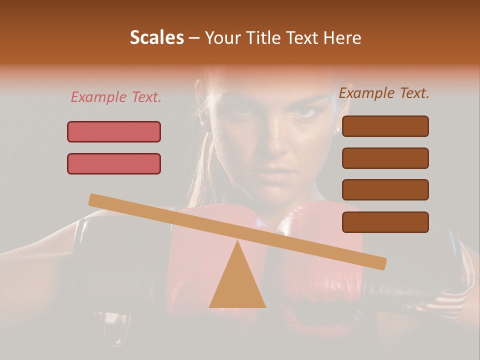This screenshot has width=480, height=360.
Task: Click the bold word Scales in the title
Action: click(156, 38)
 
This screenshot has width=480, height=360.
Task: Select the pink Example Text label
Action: click(116, 97)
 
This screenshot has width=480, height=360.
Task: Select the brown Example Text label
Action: click(384, 93)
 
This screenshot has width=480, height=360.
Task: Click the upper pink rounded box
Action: click(114, 131)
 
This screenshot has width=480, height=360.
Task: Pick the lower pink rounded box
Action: click(114, 163)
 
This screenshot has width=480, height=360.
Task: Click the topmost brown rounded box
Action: click(385, 126)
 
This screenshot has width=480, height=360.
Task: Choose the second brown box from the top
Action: click(385, 158)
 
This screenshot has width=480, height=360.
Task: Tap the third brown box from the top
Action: click(385, 190)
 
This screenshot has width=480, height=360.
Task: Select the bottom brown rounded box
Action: click(385, 222)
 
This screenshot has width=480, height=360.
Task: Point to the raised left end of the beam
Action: click(95, 200)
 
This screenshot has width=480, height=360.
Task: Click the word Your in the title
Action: click(221, 38)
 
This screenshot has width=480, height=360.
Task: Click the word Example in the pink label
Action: click(98, 97)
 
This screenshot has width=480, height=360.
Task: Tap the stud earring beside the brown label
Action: click(338, 129)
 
